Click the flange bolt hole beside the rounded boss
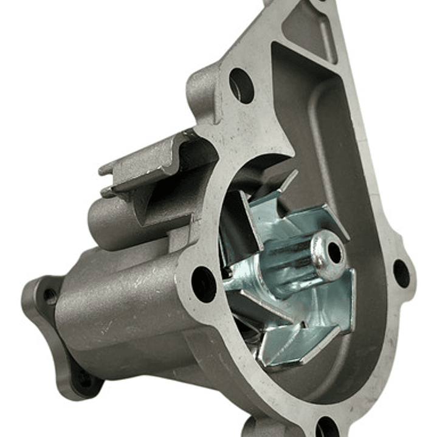point(241,85)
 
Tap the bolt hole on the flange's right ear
point(402,273)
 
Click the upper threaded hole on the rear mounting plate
point(50,297)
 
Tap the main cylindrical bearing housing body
point(122,304)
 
